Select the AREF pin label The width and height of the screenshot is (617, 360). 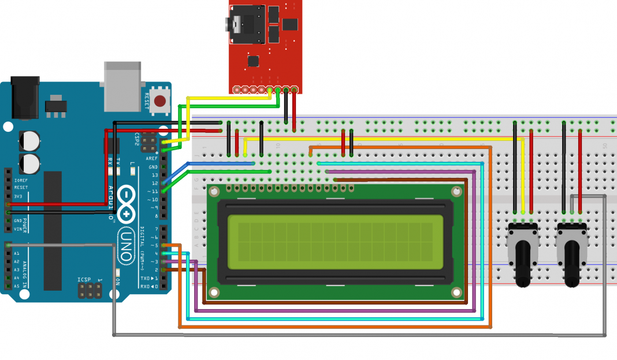pyautogui.click(x=152, y=158)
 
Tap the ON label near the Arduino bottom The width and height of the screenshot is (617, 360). pyautogui.click(x=118, y=281)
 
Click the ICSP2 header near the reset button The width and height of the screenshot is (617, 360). pyautogui.click(x=148, y=140)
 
